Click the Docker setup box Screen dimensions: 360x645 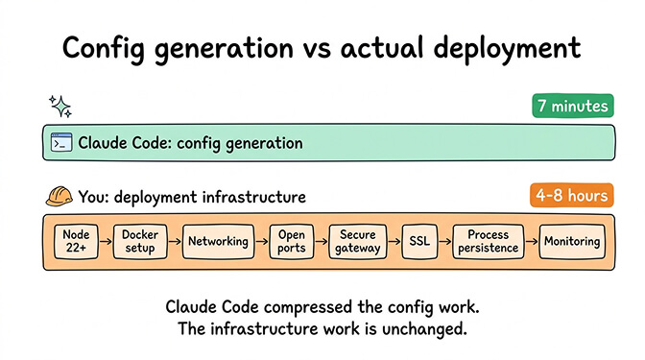coord(140,241)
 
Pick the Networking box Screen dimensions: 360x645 coord(216,241)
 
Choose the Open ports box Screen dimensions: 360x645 coord(290,241)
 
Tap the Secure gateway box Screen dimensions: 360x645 coord(357,241)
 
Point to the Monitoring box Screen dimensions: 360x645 coord(572,241)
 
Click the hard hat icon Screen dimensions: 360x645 coord(58,197)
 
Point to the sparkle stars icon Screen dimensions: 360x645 coord(60,105)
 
